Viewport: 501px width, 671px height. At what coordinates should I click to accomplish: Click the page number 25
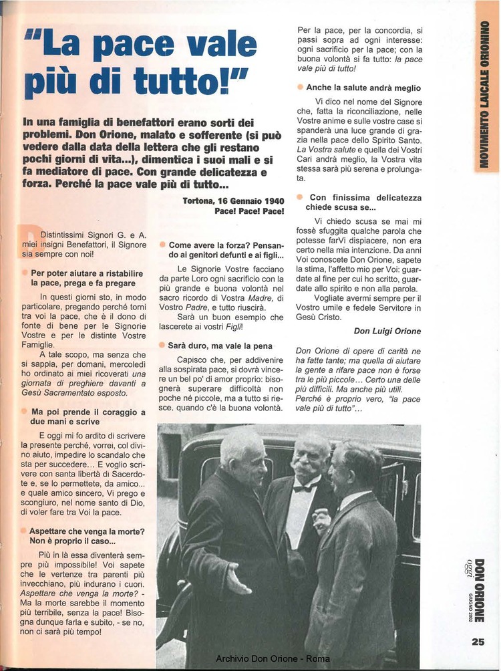pos(478,643)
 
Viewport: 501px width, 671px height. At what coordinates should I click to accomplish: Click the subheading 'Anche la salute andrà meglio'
pos(363,88)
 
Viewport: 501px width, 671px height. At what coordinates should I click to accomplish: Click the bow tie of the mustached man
pos(305,487)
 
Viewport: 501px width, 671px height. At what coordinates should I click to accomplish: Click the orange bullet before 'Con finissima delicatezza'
pos(300,198)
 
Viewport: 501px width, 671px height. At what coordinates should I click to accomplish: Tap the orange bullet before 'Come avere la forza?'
pos(162,245)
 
